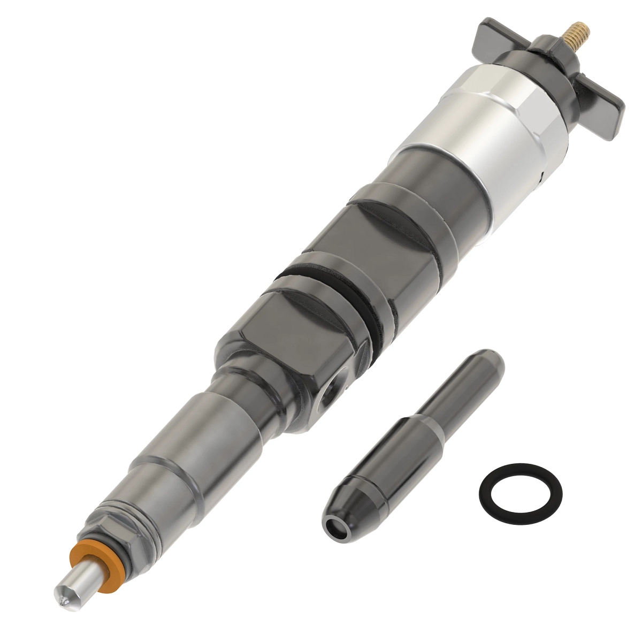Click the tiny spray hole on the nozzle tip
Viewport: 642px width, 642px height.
65,602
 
